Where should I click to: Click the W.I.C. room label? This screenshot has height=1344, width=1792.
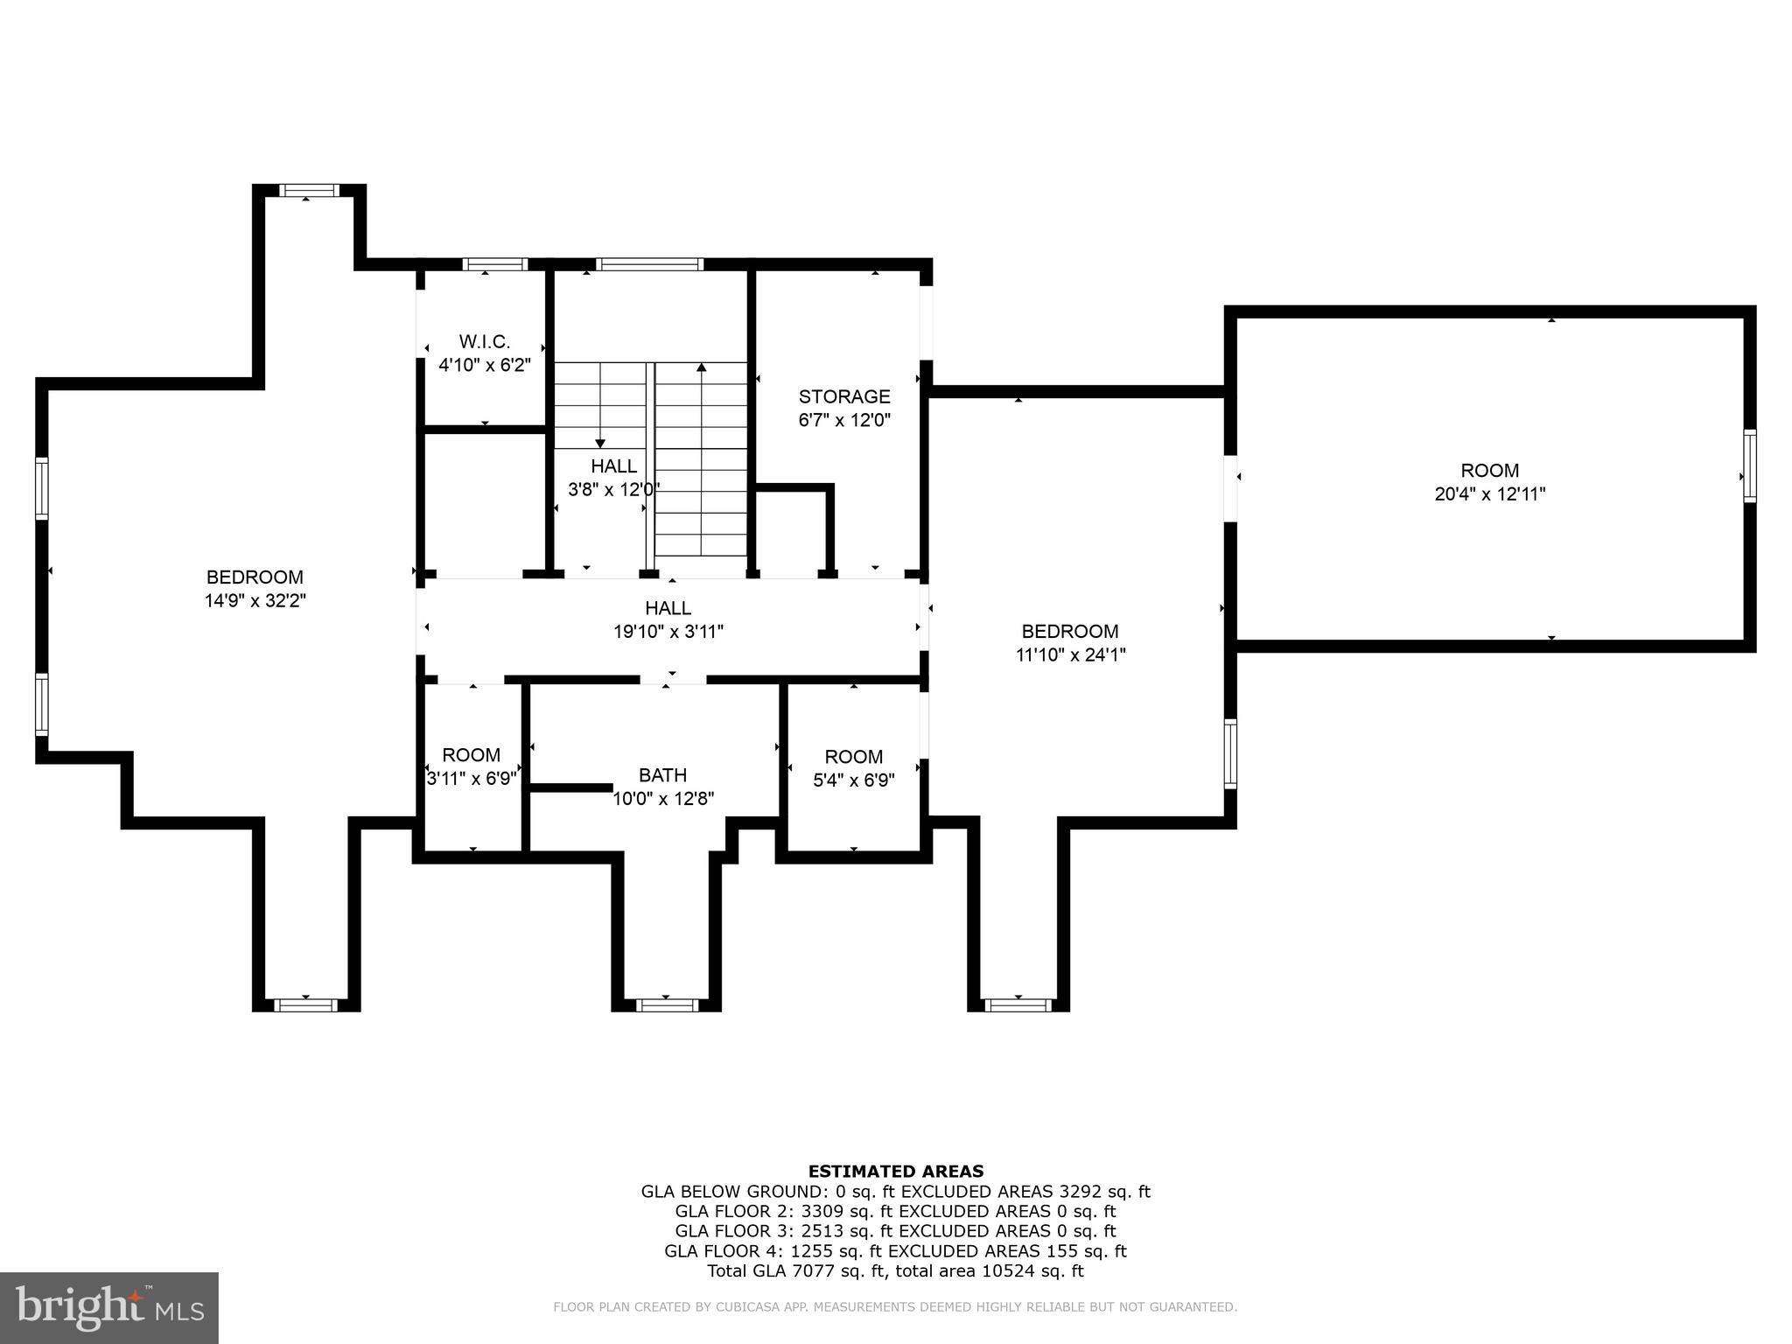(x=484, y=341)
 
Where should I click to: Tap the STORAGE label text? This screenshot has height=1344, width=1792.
(x=844, y=396)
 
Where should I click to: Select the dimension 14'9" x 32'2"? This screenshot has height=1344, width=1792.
(x=255, y=601)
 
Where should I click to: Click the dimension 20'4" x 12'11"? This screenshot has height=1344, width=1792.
(x=1489, y=493)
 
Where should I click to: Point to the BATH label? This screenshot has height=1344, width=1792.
(x=662, y=774)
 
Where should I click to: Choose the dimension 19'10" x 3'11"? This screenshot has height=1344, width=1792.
(x=668, y=631)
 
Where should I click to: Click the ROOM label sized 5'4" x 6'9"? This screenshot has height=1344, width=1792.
(x=853, y=756)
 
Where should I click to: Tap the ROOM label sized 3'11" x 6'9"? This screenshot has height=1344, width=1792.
(x=471, y=754)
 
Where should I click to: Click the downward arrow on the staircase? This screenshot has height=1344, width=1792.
(x=600, y=442)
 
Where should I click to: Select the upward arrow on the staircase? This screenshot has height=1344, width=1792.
(x=701, y=368)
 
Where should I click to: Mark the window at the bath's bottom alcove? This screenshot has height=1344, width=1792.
(x=667, y=1004)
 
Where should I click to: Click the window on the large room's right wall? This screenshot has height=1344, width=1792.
(x=1749, y=465)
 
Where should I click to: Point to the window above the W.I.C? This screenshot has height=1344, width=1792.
(x=494, y=264)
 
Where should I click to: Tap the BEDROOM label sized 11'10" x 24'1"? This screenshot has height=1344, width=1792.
(x=1070, y=631)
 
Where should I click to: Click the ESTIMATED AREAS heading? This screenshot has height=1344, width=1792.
(x=895, y=1171)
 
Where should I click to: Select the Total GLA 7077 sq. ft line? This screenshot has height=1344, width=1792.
(x=895, y=1271)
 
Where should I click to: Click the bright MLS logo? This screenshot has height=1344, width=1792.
(x=109, y=1307)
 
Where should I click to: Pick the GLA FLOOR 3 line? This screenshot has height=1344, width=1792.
(x=895, y=1231)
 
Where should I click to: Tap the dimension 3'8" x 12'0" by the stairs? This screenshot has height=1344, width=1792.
(x=612, y=489)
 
